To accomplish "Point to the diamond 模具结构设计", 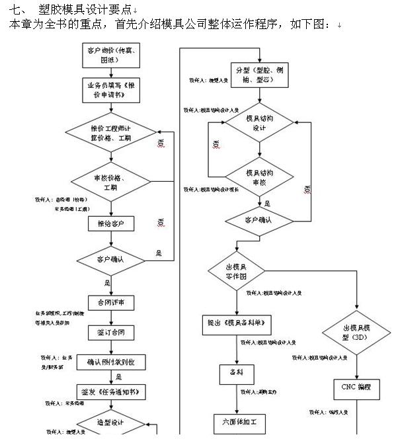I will coord(259,123).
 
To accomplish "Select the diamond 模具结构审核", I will coord(259,177).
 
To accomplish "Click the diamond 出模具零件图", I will coord(236,270).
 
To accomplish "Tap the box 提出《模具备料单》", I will coord(237,324).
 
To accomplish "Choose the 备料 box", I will coord(237,373).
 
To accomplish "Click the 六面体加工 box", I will coord(239,421).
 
